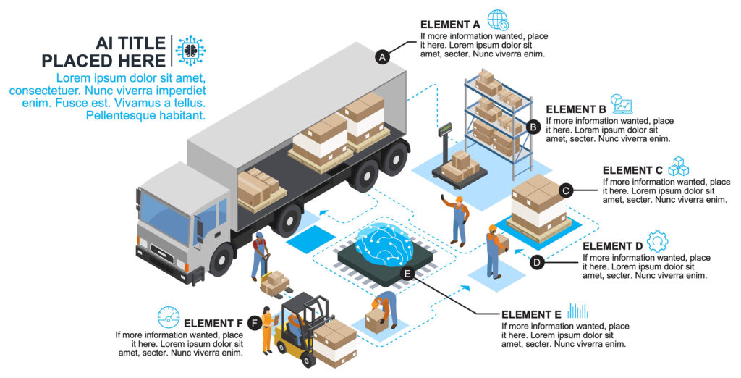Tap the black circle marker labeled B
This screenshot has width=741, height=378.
[x=533, y=127]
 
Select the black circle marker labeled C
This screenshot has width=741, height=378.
[x=567, y=190]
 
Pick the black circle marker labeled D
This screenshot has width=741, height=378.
[x=537, y=262]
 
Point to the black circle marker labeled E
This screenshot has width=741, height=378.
[x=407, y=274]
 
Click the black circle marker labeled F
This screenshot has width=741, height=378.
[x=254, y=323]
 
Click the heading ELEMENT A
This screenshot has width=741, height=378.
[x=450, y=25]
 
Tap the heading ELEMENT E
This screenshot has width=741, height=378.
[x=530, y=314]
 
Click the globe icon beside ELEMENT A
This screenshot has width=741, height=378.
[x=498, y=20]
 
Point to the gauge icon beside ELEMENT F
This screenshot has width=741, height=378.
[x=169, y=317]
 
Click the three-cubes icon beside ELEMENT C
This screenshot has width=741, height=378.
[x=678, y=166]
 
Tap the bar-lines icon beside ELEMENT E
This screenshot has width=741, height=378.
[x=577, y=311]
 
